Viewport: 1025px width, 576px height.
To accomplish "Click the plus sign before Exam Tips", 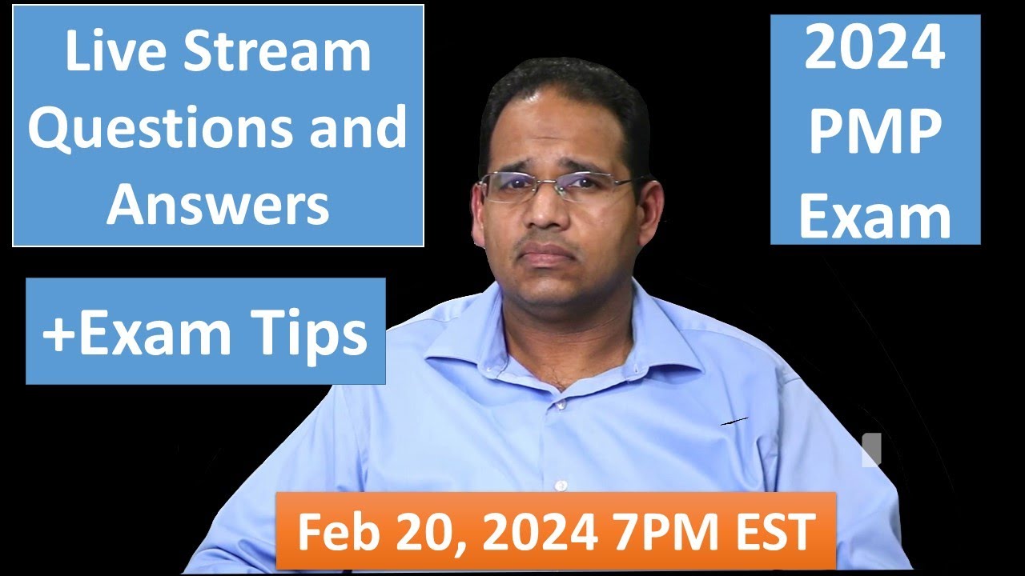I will tap(57, 334).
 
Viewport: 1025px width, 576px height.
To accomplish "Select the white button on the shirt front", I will tap(561, 485).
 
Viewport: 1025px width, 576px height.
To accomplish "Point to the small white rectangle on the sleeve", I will tap(871, 450).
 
